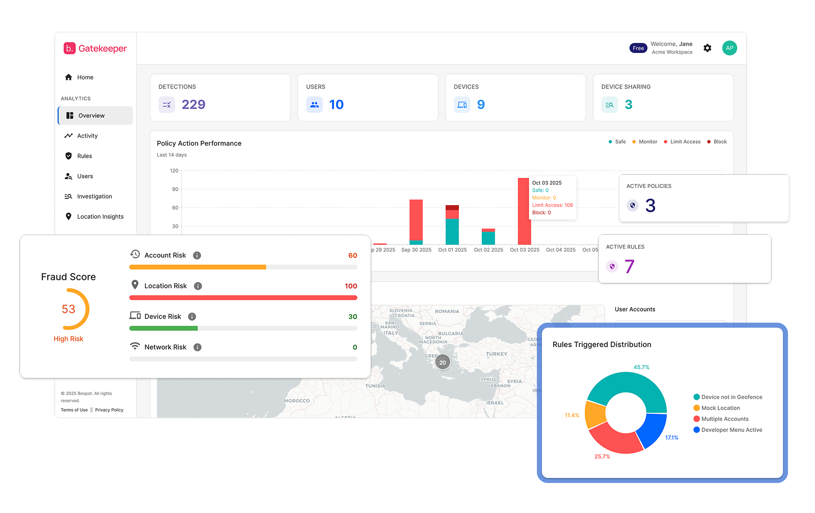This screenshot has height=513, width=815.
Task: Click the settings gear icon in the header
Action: [x=708, y=48]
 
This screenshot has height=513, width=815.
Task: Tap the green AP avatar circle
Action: [x=729, y=48]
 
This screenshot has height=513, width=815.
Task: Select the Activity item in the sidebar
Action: [x=87, y=136]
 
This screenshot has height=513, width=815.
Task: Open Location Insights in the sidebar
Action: [x=100, y=217]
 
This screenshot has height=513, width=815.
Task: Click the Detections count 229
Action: [x=194, y=105]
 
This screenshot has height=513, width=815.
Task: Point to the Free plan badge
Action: [x=638, y=48]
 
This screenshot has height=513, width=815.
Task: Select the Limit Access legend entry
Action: [x=685, y=142]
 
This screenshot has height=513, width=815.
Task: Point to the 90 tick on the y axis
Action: [x=175, y=189]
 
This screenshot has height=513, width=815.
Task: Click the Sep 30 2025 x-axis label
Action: [x=416, y=250]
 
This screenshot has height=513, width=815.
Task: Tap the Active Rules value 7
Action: [x=630, y=267]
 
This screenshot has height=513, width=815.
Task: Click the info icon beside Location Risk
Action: [x=198, y=286]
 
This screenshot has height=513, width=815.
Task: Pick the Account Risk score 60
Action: [x=352, y=255]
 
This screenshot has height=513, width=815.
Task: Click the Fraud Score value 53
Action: [x=68, y=309]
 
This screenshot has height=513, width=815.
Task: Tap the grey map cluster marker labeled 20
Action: [x=443, y=362]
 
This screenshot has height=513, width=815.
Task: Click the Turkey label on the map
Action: [x=496, y=354]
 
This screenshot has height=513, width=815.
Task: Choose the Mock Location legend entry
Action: [x=720, y=408]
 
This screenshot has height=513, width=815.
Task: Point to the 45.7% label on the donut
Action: [x=641, y=367]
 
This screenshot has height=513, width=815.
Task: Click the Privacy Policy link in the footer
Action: [x=109, y=410]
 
